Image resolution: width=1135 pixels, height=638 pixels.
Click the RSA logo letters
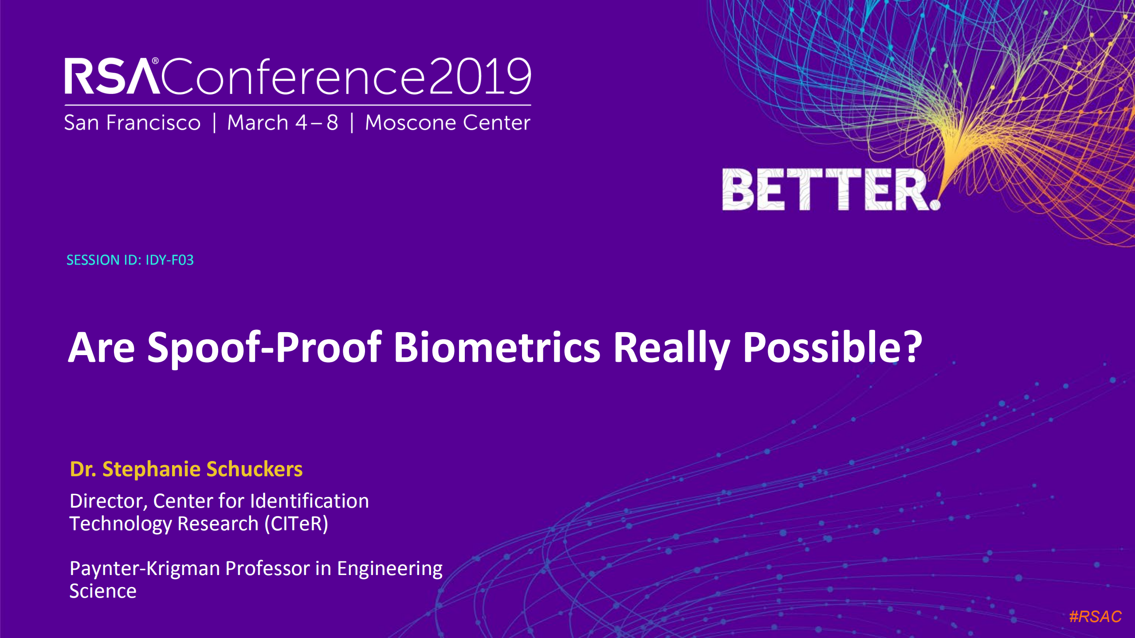112,76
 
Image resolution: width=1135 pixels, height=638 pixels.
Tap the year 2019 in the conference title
480,76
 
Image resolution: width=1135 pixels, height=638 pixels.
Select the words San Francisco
132,122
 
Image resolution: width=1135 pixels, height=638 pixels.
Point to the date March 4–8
283,122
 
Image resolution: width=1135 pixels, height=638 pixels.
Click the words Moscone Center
447,122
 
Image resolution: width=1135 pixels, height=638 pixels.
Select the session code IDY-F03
169,260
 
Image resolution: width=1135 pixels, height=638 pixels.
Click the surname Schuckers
254,469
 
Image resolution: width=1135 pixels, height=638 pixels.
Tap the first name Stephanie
151,469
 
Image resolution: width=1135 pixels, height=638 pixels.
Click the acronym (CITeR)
296,524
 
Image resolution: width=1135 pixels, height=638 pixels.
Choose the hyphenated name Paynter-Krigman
145,568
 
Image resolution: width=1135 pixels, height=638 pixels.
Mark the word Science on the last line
103,591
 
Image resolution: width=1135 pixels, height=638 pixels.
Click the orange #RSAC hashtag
1095,616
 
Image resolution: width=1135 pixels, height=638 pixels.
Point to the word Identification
309,501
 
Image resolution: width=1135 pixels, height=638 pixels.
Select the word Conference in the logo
293,76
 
